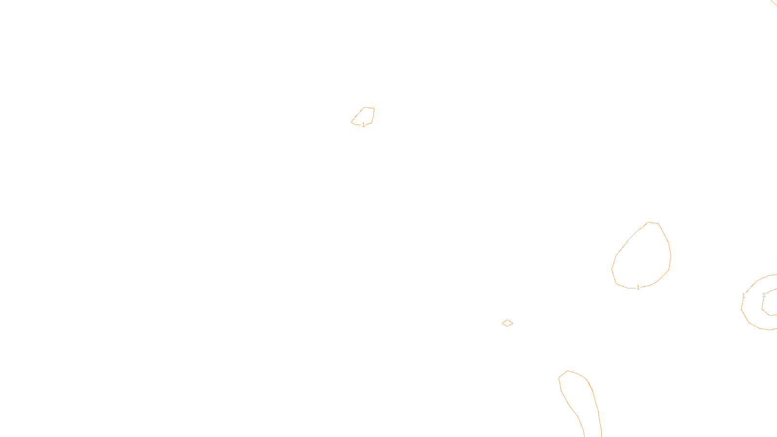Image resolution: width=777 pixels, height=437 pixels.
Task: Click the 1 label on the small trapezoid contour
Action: tap(363, 125)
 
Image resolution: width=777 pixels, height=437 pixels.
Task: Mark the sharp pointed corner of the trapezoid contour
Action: tap(352, 122)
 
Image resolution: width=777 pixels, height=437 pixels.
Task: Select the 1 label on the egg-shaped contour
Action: tap(638, 287)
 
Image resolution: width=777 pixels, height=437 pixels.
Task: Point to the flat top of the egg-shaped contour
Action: tap(653, 223)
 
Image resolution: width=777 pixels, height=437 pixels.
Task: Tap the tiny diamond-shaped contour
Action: tap(507, 323)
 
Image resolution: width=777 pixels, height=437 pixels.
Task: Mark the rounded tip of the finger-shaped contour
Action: tap(568, 371)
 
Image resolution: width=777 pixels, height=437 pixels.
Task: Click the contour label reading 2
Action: tap(764, 295)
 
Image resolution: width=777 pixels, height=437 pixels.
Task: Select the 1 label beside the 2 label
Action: tap(743, 295)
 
